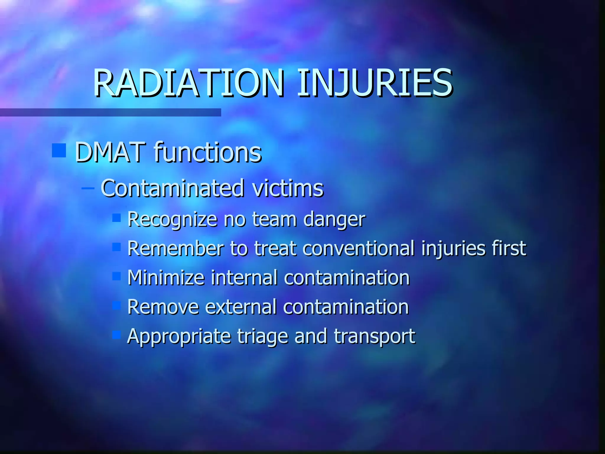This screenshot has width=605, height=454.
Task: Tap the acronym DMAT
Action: tap(110, 153)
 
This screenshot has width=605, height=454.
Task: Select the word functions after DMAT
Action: tap(208, 153)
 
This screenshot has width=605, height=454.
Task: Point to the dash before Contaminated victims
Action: tap(88, 188)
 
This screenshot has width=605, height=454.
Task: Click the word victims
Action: tap(288, 188)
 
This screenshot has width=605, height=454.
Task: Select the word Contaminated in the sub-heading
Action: tap(173, 188)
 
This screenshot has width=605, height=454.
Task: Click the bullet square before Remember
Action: tap(117, 247)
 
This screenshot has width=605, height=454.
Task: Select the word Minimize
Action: tap(166, 278)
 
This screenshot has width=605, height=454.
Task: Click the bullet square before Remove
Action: tap(117, 305)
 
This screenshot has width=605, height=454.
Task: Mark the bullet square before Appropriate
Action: tap(117, 335)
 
